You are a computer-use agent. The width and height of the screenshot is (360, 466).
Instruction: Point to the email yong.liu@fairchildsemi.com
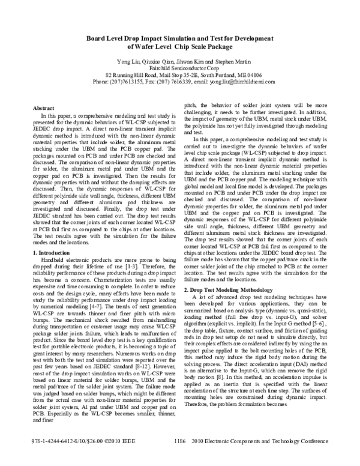click(241, 81)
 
